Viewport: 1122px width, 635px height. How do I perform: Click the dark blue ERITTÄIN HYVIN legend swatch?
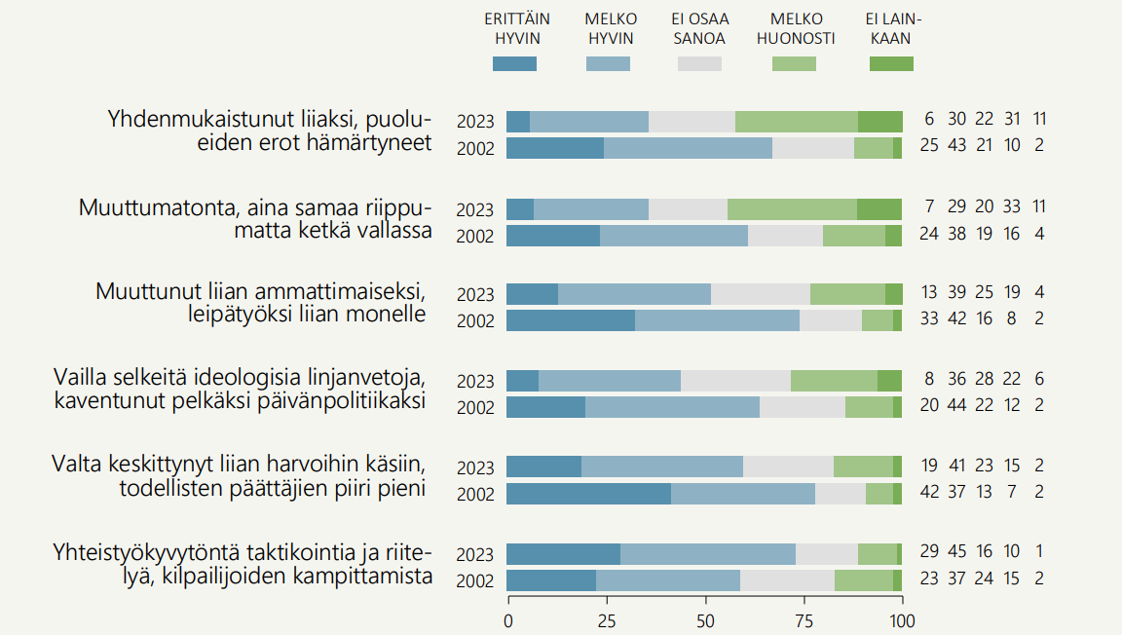tap(514, 63)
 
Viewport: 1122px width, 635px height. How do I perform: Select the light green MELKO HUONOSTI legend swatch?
tap(794, 63)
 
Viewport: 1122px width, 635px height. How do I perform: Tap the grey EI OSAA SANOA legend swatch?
tap(699, 63)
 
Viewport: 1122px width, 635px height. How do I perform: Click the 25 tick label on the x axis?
tap(607, 620)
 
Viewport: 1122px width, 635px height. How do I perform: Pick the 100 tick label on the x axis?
tap(903, 620)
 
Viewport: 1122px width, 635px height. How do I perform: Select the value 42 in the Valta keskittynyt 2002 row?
tap(929, 492)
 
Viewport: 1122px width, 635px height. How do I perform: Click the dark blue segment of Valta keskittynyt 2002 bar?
tap(588, 494)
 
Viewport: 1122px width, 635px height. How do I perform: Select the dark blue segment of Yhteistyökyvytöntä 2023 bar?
tap(563, 554)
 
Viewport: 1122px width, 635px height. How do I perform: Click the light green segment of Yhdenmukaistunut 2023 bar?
tap(796, 122)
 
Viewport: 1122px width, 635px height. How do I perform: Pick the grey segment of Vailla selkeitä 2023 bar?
tap(735, 381)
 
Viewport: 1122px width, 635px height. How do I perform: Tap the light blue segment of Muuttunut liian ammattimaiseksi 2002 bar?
tap(717, 320)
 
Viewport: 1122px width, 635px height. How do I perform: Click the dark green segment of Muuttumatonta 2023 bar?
tap(879, 209)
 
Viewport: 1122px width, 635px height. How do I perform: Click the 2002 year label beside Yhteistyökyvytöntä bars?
tap(476, 581)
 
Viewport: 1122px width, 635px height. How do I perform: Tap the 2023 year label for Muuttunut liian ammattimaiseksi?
tap(476, 295)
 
